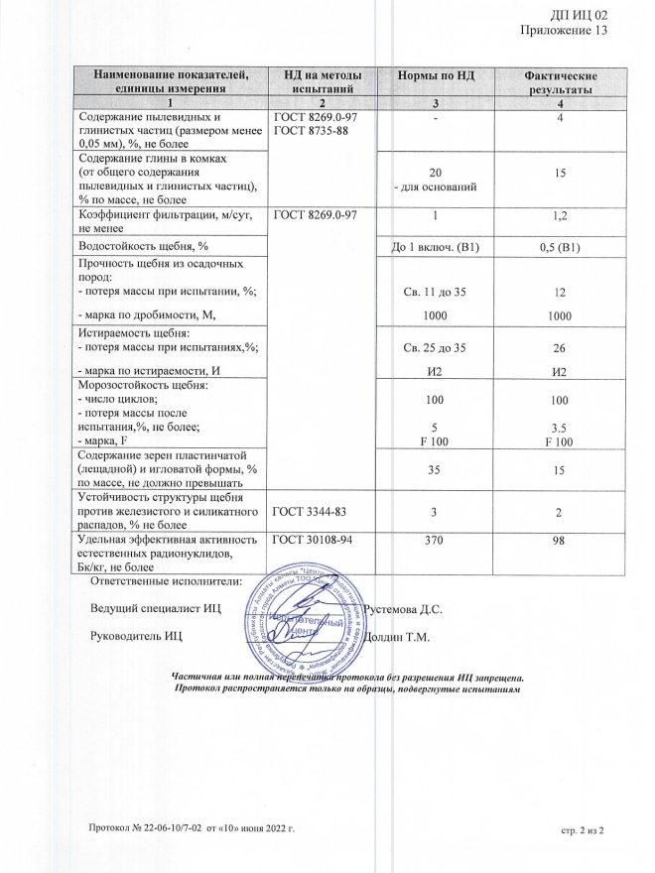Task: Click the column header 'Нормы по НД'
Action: tap(438, 76)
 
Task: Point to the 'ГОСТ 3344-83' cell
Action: tap(310, 512)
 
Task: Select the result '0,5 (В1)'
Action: tap(561, 246)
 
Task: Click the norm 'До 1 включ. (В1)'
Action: tap(438, 246)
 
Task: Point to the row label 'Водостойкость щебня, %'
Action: tap(144, 245)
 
